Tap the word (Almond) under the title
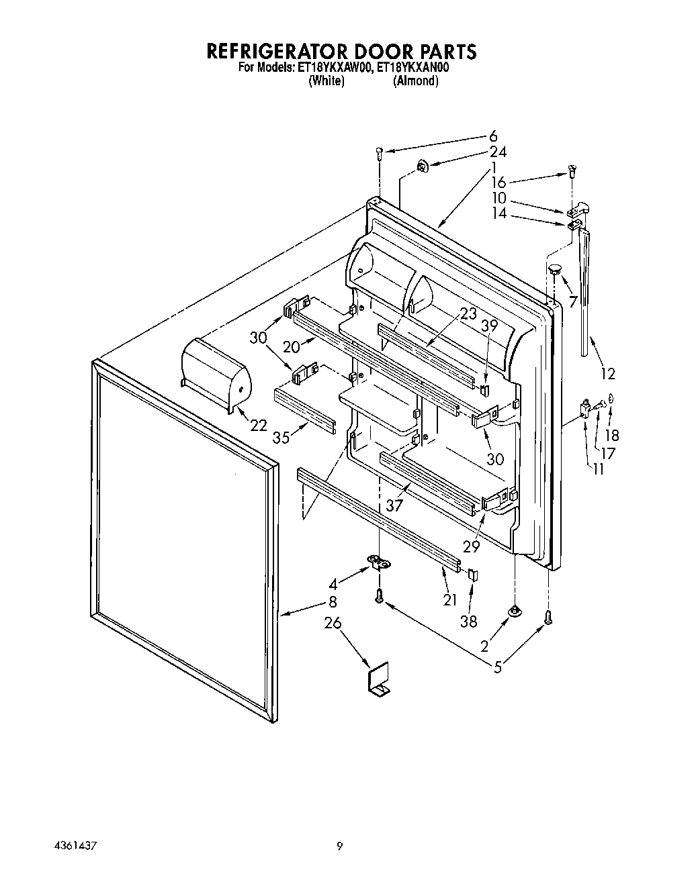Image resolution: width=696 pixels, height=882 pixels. click(415, 81)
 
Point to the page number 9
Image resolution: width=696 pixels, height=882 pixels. click(340, 847)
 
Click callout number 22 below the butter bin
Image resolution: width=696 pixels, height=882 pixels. click(258, 426)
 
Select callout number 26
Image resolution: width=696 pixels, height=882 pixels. click(333, 624)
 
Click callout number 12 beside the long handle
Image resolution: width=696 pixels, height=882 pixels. click(607, 373)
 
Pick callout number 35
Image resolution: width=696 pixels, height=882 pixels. click(281, 437)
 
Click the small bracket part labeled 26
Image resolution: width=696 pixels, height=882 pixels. click(378, 684)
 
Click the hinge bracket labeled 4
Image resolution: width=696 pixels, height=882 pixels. click(378, 562)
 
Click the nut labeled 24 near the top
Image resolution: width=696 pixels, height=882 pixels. click(421, 164)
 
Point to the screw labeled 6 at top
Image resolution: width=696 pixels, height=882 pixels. click(380, 152)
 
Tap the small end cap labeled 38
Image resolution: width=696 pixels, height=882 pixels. click(472, 575)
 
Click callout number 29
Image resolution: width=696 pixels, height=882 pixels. click(471, 546)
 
